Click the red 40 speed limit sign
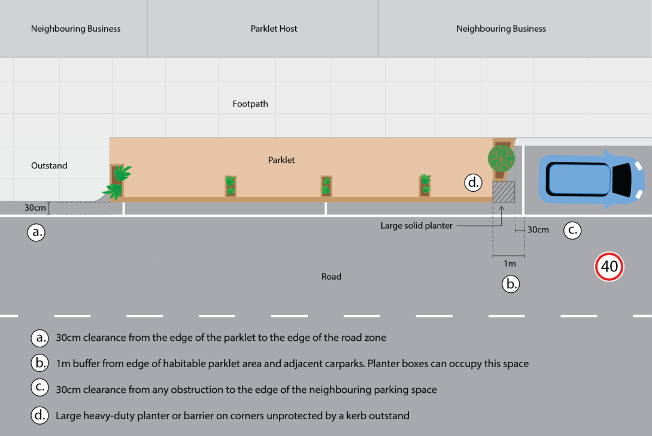[609, 267]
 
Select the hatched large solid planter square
[504, 192]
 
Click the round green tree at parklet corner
[501, 158]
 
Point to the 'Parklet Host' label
[274, 29]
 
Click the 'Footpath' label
[250, 104]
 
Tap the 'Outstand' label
[49, 165]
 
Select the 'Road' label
[331, 277]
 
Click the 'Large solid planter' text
[417, 226]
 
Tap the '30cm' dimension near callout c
[538, 230]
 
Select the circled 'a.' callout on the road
[37, 232]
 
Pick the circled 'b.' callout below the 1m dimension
[511, 284]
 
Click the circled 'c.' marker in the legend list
[39, 388]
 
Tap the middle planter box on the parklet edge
[326, 186]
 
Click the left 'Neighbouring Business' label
[75, 29]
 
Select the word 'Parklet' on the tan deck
[281, 160]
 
